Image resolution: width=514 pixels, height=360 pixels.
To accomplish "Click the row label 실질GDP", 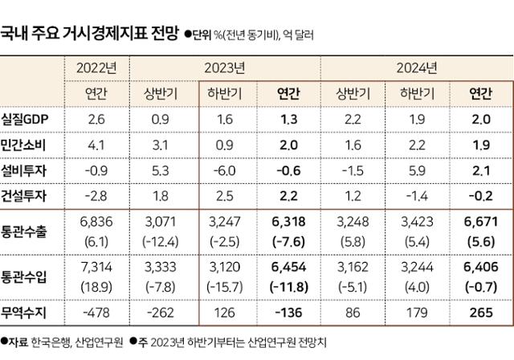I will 27,120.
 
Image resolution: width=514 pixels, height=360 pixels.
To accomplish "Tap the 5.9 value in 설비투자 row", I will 417,170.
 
